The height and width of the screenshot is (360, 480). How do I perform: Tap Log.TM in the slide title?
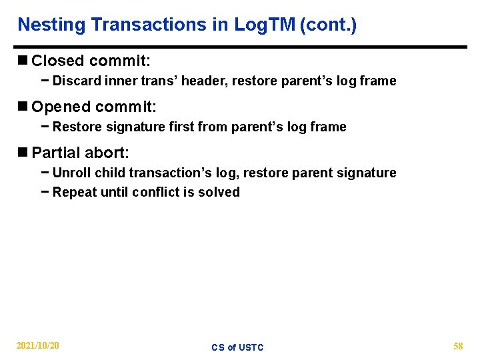[265, 25]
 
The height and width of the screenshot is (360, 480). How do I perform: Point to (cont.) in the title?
[328, 25]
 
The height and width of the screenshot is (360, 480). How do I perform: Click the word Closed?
[57, 61]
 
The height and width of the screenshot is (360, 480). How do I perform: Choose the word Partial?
[56, 153]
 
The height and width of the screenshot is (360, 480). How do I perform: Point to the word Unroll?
[71, 173]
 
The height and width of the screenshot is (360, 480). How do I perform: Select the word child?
[110, 173]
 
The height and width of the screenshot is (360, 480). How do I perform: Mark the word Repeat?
[74, 193]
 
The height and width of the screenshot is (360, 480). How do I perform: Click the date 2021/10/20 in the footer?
[37, 346]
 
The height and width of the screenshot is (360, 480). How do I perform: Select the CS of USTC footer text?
[237, 347]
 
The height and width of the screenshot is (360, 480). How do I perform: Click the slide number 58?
[458, 346]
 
